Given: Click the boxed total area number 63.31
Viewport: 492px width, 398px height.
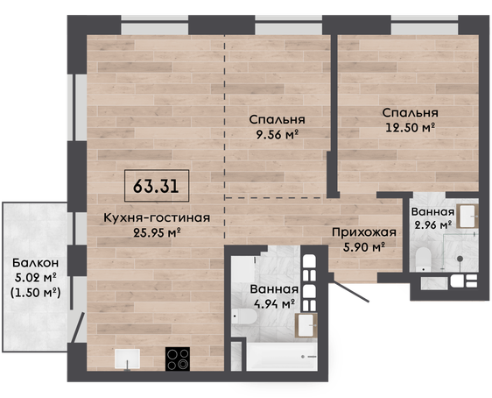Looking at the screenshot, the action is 156,186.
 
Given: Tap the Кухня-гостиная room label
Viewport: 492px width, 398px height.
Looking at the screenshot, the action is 157,217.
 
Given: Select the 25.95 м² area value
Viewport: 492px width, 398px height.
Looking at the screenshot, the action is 157,232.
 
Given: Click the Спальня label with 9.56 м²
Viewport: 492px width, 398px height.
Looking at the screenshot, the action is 277,119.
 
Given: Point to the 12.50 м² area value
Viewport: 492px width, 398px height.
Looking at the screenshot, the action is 410,127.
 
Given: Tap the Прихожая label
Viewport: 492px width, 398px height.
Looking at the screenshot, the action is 364,232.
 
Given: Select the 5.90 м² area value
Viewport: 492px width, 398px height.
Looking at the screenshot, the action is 364,247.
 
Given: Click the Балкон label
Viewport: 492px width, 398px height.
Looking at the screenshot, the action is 36,263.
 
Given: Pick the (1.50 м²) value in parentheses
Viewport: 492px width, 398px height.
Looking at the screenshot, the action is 36,293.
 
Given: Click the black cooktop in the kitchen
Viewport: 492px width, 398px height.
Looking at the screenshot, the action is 178,359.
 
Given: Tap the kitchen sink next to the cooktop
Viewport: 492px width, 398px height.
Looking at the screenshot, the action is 127,359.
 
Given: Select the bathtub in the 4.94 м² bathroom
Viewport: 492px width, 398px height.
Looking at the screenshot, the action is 282,357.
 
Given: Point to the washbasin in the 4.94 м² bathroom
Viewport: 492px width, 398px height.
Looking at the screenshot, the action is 306,325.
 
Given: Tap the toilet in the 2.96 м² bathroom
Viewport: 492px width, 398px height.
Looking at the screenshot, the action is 424,259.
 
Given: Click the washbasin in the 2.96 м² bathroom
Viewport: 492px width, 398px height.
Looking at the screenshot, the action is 467,217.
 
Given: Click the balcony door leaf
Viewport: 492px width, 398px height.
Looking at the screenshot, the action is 78,327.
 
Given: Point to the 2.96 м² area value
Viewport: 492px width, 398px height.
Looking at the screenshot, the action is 433,225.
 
